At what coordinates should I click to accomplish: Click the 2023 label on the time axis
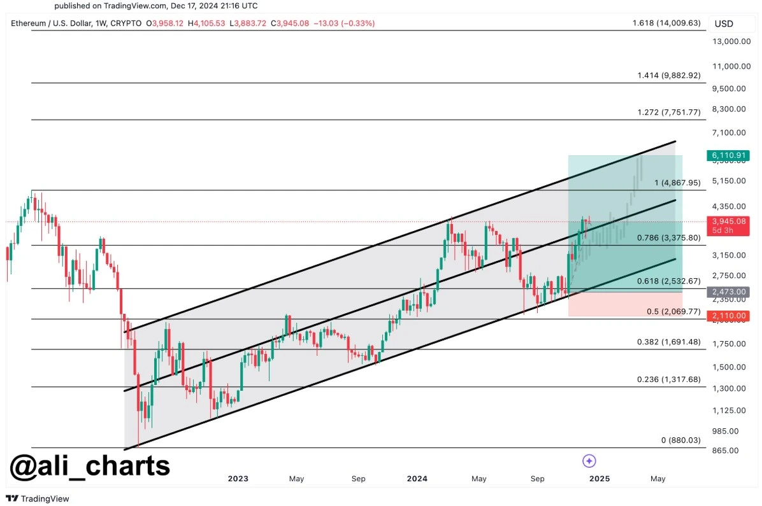(x=238, y=479)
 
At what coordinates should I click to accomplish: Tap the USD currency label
(x=724, y=24)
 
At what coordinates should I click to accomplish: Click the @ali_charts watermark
(x=90, y=465)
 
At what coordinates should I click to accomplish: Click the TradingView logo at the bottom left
(x=38, y=498)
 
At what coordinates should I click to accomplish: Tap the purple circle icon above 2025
(x=589, y=461)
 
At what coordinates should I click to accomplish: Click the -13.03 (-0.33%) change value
(x=344, y=23)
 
